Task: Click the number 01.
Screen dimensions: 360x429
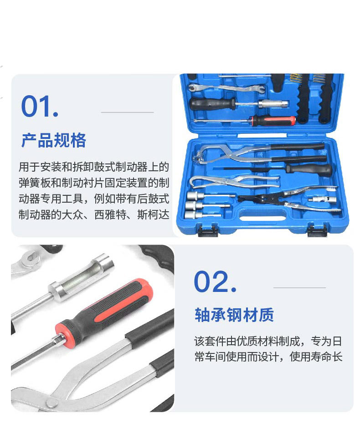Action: coord(40,106)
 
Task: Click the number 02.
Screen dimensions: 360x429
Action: coord(215,281)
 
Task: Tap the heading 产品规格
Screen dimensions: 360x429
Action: coord(54,140)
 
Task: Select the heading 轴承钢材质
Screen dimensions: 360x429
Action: coord(234,315)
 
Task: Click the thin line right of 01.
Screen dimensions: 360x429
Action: coord(128,112)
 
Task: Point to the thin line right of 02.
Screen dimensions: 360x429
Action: coord(299,287)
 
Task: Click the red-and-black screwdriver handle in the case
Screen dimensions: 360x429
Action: coord(274,121)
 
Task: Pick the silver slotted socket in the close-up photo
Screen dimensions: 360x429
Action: coord(82,277)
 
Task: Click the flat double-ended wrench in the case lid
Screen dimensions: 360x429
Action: coord(226,88)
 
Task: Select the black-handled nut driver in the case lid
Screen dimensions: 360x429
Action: coord(239,104)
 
